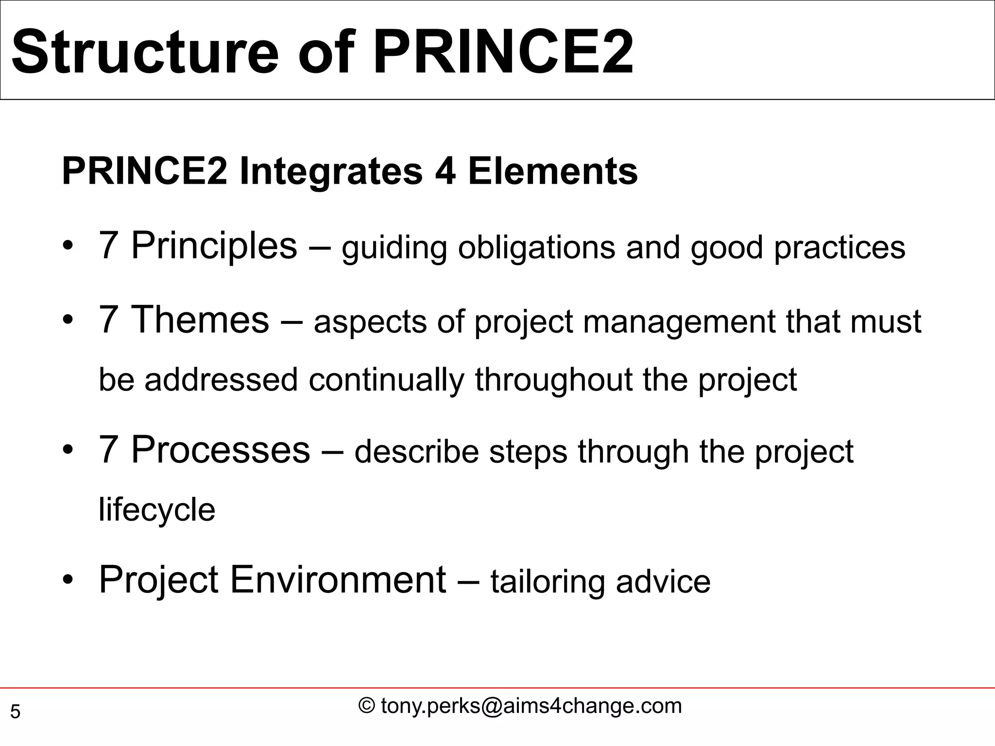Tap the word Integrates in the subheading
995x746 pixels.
click(331, 172)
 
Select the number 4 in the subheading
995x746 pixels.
click(445, 172)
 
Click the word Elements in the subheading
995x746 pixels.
click(552, 172)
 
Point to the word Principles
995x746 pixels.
click(214, 246)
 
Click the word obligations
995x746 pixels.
click(536, 248)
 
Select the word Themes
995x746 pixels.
click(200, 320)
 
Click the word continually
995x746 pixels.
click(386, 379)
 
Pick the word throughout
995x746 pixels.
click(553, 379)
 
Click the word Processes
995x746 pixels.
click(220, 450)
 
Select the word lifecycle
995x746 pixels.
click(156, 510)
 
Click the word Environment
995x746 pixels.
click(337, 580)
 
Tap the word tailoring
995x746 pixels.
click(548, 582)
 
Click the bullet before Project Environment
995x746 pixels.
click(68, 581)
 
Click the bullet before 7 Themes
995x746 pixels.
click(68, 321)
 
